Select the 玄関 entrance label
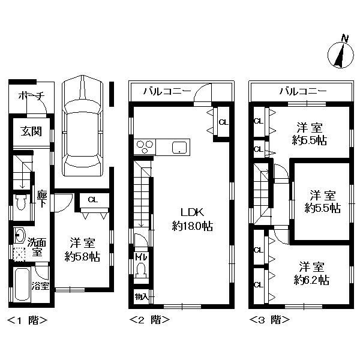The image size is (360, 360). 31,131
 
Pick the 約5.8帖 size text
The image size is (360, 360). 82,256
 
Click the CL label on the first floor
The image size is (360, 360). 93,200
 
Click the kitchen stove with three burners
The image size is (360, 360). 146,146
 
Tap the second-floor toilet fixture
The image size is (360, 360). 140,272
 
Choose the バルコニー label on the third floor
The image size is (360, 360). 303,91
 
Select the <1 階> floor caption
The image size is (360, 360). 26,320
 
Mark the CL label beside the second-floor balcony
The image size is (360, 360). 223,122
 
